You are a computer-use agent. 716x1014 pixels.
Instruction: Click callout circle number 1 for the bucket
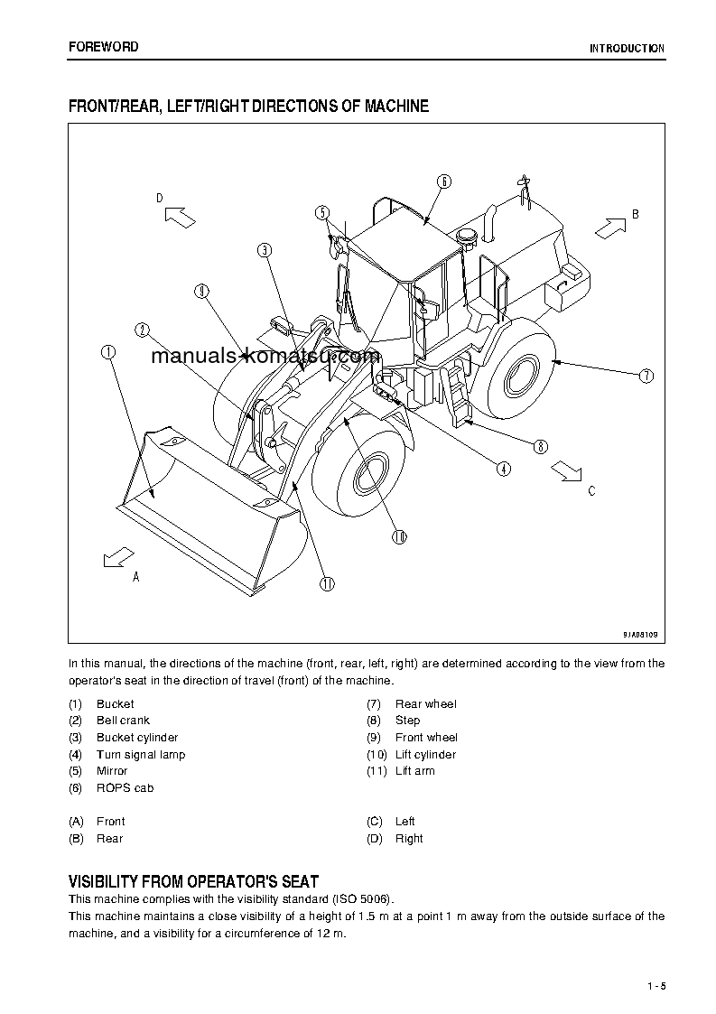point(108,353)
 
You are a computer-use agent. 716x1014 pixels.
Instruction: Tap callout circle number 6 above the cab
point(443,181)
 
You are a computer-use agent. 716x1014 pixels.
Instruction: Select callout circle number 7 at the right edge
point(646,377)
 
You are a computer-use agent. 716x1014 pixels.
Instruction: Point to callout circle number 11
point(327,583)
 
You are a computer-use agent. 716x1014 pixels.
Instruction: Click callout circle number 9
point(201,291)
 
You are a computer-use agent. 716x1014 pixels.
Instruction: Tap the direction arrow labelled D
point(180,217)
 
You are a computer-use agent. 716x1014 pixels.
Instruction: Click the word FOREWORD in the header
point(104,47)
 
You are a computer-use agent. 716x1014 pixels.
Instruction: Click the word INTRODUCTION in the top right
point(627,49)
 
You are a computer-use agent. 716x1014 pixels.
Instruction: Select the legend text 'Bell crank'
point(123,721)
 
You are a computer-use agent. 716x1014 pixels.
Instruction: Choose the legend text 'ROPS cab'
point(125,788)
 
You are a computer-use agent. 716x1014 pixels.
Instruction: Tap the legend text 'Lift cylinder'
point(425,755)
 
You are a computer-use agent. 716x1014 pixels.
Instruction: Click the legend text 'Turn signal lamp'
point(141,755)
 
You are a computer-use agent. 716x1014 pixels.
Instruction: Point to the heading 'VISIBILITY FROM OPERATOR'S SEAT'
point(193,881)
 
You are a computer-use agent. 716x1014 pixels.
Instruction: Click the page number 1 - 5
point(656,985)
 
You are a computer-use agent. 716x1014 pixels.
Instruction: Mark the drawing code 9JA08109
point(640,635)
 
